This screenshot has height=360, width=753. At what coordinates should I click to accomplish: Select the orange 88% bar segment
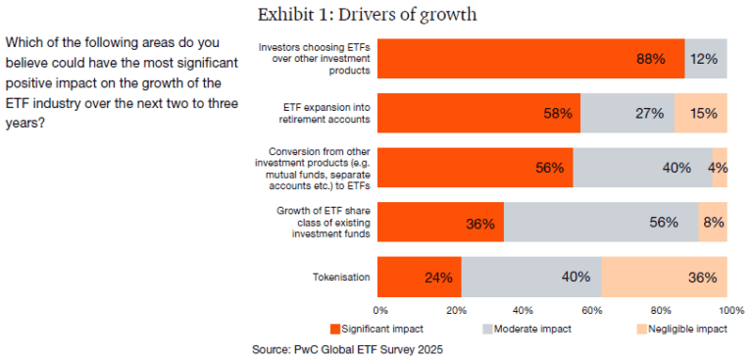pyautogui.click(x=530, y=59)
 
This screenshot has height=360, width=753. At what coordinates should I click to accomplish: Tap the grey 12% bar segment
pyautogui.click(x=706, y=59)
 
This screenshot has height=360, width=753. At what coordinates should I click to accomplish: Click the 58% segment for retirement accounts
pyautogui.click(x=478, y=113)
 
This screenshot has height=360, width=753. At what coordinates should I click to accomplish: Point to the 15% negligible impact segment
pyautogui.click(x=701, y=113)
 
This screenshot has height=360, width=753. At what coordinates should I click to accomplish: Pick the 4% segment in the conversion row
pyautogui.click(x=720, y=167)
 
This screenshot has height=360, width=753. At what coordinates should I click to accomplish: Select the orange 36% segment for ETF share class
pyautogui.click(x=440, y=222)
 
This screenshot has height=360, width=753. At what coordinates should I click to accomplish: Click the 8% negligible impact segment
pyautogui.click(x=713, y=222)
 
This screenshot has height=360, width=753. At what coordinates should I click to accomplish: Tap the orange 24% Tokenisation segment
pyautogui.click(x=419, y=277)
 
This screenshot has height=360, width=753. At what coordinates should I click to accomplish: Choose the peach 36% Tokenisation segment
pyautogui.click(x=665, y=277)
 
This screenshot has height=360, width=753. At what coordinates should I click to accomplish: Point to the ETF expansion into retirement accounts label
pyautogui.click(x=314, y=113)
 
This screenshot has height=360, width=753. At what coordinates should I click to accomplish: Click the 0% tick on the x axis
pyautogui.click(x=378, y=310)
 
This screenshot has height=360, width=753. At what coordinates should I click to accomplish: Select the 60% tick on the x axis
pyautogui.click(x=593, y=310)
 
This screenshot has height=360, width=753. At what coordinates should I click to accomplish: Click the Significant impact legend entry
pyautogui.click(x=379, y=329)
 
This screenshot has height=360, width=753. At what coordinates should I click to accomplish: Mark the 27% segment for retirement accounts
pyautogui.click(x=627, y=113)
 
